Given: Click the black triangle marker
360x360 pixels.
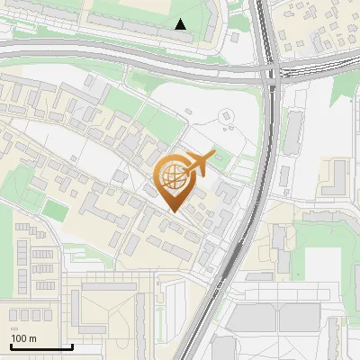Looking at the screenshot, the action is (181, 24).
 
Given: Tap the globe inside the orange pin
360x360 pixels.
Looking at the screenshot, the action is (173, 177).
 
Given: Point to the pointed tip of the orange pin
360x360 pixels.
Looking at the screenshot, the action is (173, 211).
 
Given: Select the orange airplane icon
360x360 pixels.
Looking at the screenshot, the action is (200, 164).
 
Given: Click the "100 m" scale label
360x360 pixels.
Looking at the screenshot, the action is (23, 338).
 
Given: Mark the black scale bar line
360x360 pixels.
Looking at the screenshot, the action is (41, 346).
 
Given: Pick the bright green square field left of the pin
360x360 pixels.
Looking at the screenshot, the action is (56, 211).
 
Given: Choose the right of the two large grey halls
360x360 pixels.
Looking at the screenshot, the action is (301, 318).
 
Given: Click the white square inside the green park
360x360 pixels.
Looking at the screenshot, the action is (323, 265).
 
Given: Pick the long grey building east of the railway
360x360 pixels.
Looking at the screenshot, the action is (293, 130).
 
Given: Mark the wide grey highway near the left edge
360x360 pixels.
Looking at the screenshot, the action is (18, 55).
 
